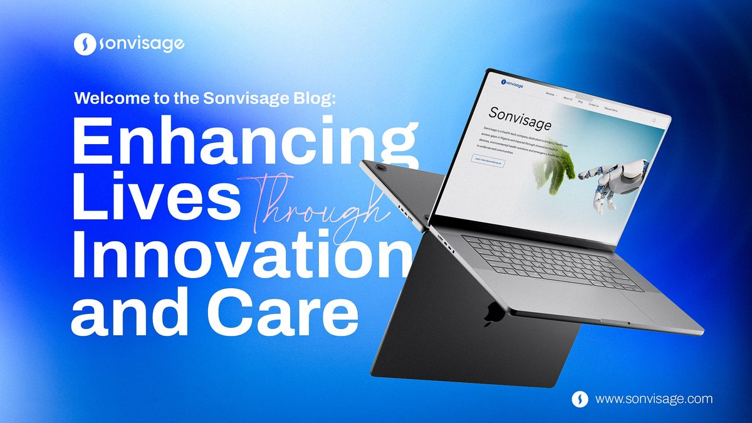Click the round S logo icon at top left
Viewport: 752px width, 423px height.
coord(83,44)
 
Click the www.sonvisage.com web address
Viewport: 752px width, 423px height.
coord(654,399)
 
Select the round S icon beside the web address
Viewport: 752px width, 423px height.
coord(580,399)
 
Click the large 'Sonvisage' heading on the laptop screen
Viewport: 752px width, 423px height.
coord(520,117)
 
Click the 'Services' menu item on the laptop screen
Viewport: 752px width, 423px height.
coord(550,94)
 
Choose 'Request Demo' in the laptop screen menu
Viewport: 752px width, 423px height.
coord(611,110)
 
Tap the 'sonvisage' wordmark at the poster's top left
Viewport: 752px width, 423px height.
coord(141,44)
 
